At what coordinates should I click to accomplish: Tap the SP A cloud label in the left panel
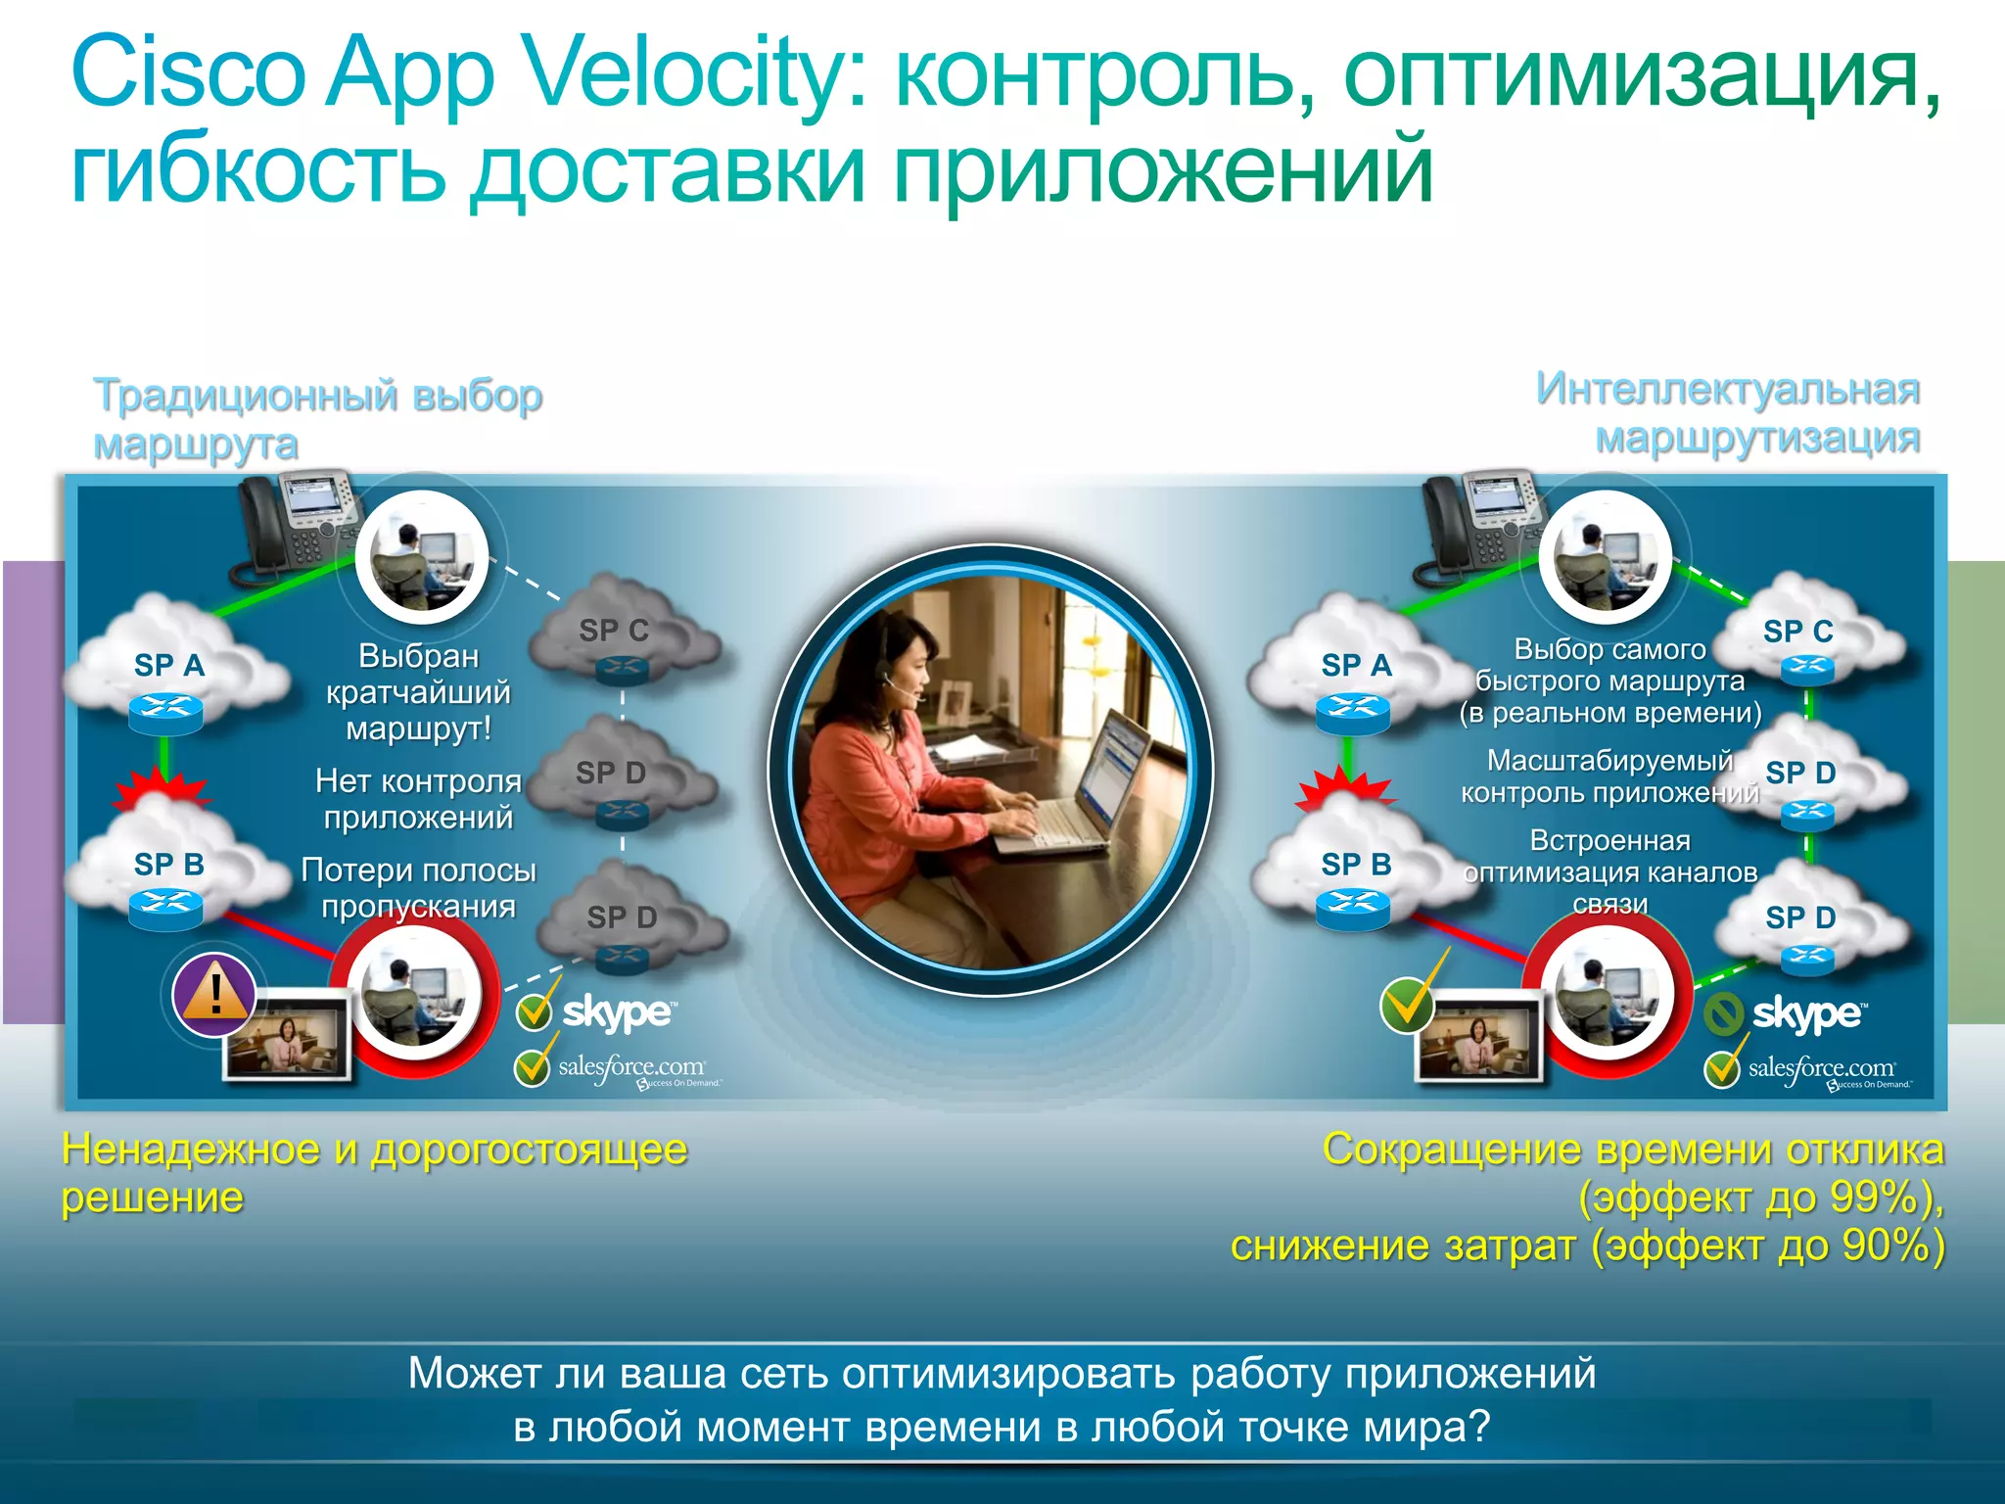point(168,666)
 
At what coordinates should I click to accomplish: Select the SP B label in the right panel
point(1356,865)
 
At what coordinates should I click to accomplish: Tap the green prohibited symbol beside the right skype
point(1724,1014)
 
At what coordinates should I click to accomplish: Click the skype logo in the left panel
point(617,1012)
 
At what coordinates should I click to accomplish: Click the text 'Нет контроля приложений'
point(418,799)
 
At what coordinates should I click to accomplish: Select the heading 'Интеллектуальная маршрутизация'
point(1728,413)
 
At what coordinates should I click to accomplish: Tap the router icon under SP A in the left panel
point(165,713)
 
